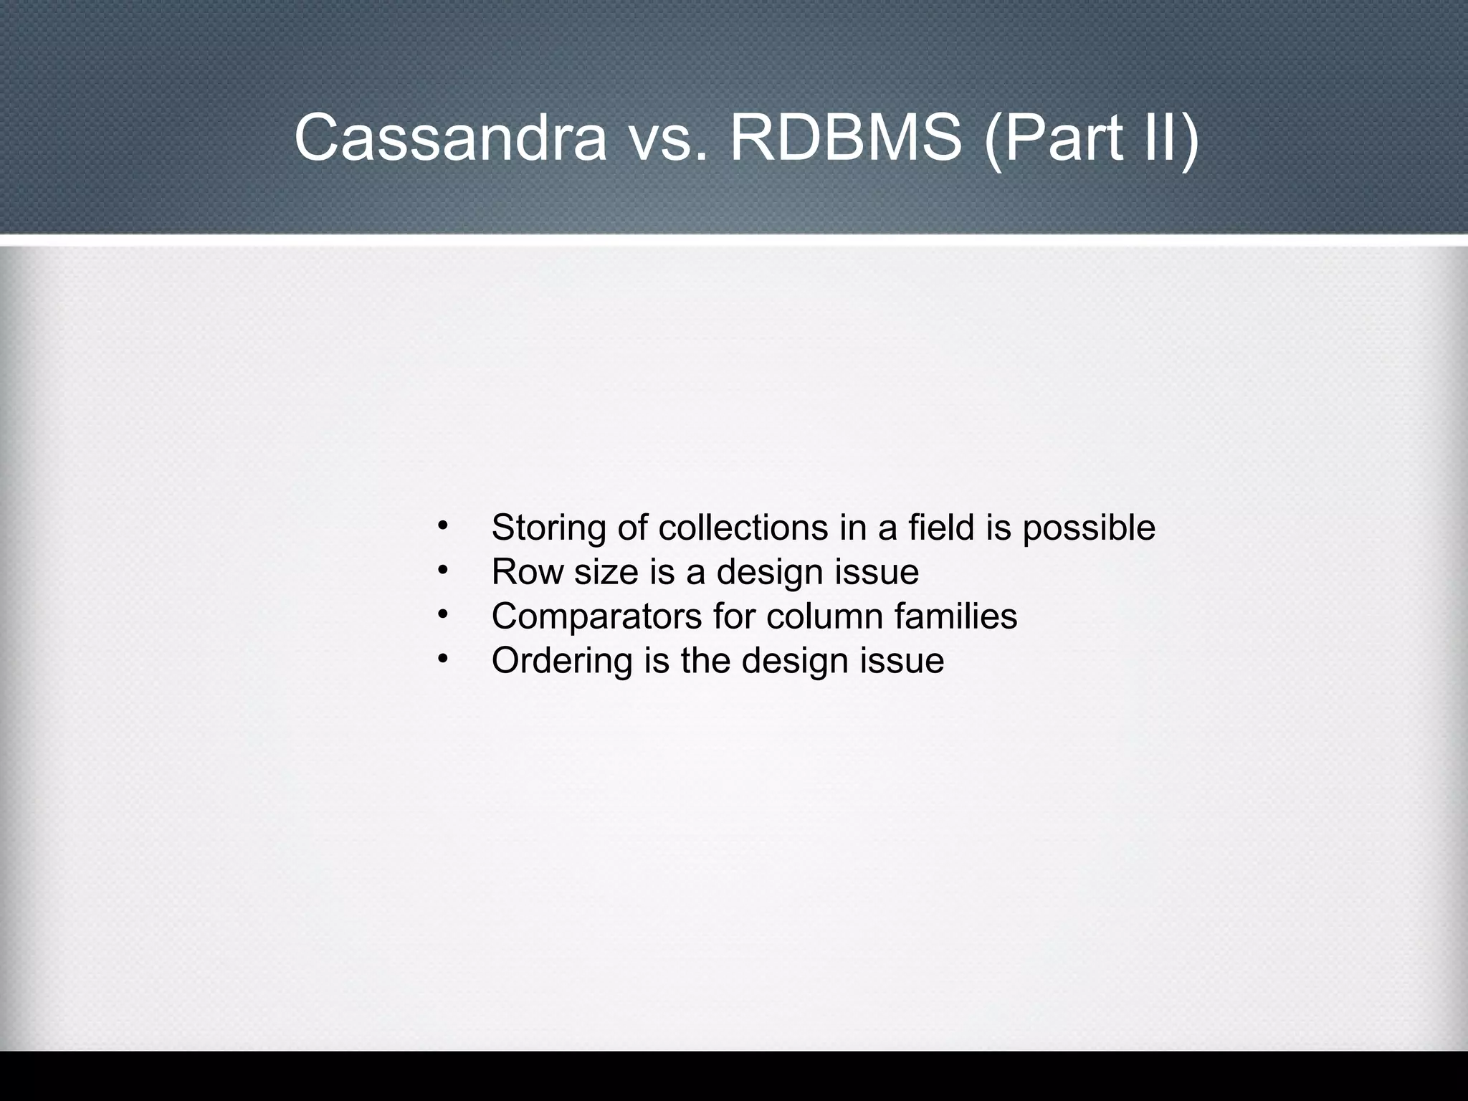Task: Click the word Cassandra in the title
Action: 450,138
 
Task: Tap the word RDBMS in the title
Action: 846,138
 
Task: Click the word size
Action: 606,572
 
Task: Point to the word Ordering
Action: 561,662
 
